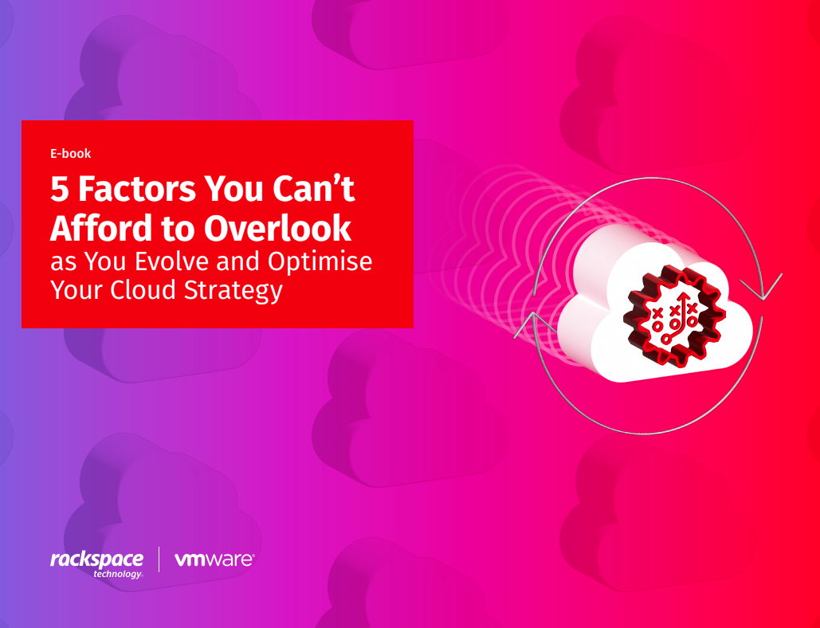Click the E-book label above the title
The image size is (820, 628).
point(71,153)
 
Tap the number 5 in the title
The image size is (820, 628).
point(60,190)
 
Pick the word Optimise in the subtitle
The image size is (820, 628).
point(320,262)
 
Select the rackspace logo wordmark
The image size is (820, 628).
point(96,560)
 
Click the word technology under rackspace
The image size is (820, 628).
point(118,574)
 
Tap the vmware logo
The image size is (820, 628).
point(214,560)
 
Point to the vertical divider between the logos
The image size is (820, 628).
point(159,559)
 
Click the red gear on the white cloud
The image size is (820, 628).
point(674,316)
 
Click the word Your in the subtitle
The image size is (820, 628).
point(77,289)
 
